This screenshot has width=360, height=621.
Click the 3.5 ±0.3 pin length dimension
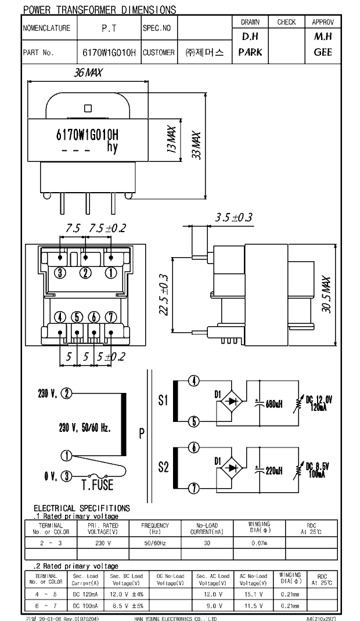coord(234,218)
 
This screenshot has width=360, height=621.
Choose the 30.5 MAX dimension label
coord(326,295)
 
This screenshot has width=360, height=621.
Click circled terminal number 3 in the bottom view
coord(60,273)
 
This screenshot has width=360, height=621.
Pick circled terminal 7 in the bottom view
coord(111,316)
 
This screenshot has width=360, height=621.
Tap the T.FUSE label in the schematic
coord(97,485)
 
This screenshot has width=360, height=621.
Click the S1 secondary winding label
coord(163,400)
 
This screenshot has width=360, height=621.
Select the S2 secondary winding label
coord(163,466)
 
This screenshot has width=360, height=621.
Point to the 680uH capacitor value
coord(273,405)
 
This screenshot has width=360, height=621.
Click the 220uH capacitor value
coord(273,471)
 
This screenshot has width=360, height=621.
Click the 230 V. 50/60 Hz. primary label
coord(85,428)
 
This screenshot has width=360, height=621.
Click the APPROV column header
coord(323,22)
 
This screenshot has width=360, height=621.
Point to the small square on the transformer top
coord(88,107)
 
